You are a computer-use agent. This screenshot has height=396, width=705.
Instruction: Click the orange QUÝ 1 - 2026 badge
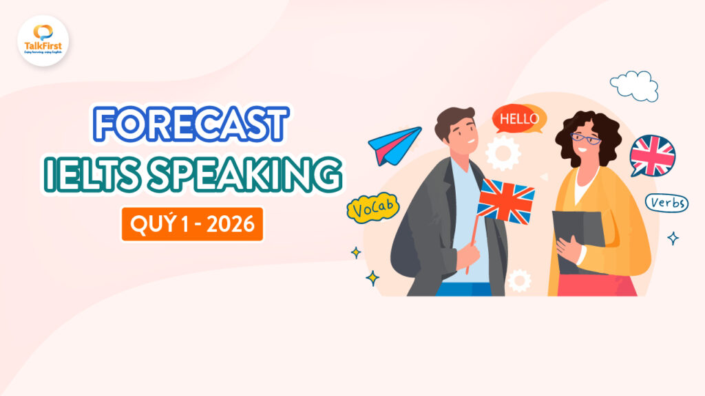(192, 224)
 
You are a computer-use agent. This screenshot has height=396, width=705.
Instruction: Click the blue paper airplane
(394, 145)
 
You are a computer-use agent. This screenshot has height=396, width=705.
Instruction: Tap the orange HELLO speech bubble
(519, 119)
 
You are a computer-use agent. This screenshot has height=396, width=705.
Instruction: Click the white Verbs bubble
(666, 203)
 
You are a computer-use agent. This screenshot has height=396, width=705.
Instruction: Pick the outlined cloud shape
(634, 85)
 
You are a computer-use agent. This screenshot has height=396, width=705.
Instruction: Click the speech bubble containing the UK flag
(652, 156)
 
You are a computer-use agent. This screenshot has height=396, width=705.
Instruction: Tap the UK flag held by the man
(506, 200)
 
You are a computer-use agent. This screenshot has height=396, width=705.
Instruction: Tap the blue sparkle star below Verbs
(673, 239)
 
